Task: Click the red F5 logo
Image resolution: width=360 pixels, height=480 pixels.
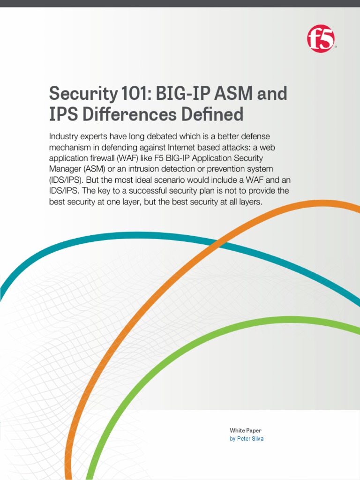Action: (321, 39)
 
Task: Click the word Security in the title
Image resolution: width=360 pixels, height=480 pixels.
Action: (82, 94)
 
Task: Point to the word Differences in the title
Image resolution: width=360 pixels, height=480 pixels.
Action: (134, 115)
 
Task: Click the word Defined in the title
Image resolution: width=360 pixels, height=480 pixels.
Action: (215, 115)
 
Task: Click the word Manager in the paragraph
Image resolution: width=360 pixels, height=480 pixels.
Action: (65, 169)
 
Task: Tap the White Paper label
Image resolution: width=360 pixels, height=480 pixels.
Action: (245, 430)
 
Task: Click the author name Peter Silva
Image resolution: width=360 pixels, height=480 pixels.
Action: (250, 439)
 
